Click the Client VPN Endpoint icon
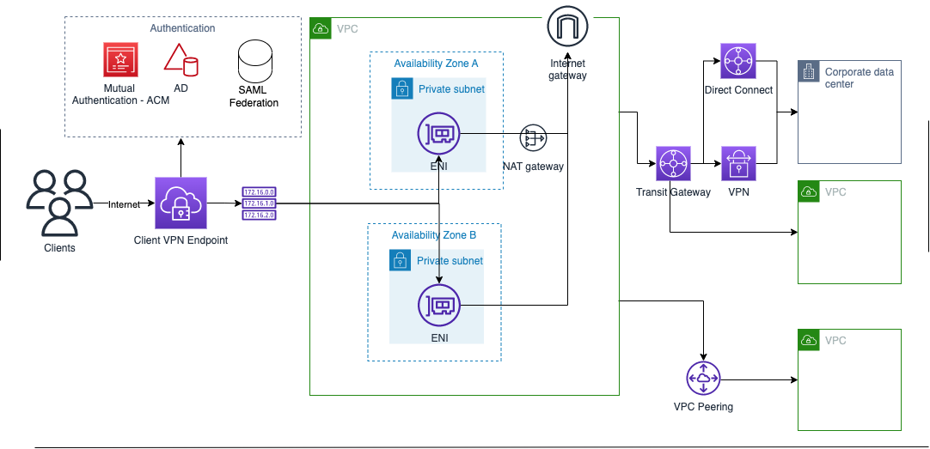180,203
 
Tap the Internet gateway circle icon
567,26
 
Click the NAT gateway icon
533,138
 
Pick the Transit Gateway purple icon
673,163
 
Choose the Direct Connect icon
738,61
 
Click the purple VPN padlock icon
738,163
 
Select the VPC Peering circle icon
703,379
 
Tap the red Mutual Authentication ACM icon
120,59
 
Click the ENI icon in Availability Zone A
438,134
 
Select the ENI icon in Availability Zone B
439,306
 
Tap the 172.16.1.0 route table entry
260,203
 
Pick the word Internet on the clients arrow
124,204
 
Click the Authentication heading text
183,27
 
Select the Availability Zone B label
433,235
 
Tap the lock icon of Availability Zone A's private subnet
402,88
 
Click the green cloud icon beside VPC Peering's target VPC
809,340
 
